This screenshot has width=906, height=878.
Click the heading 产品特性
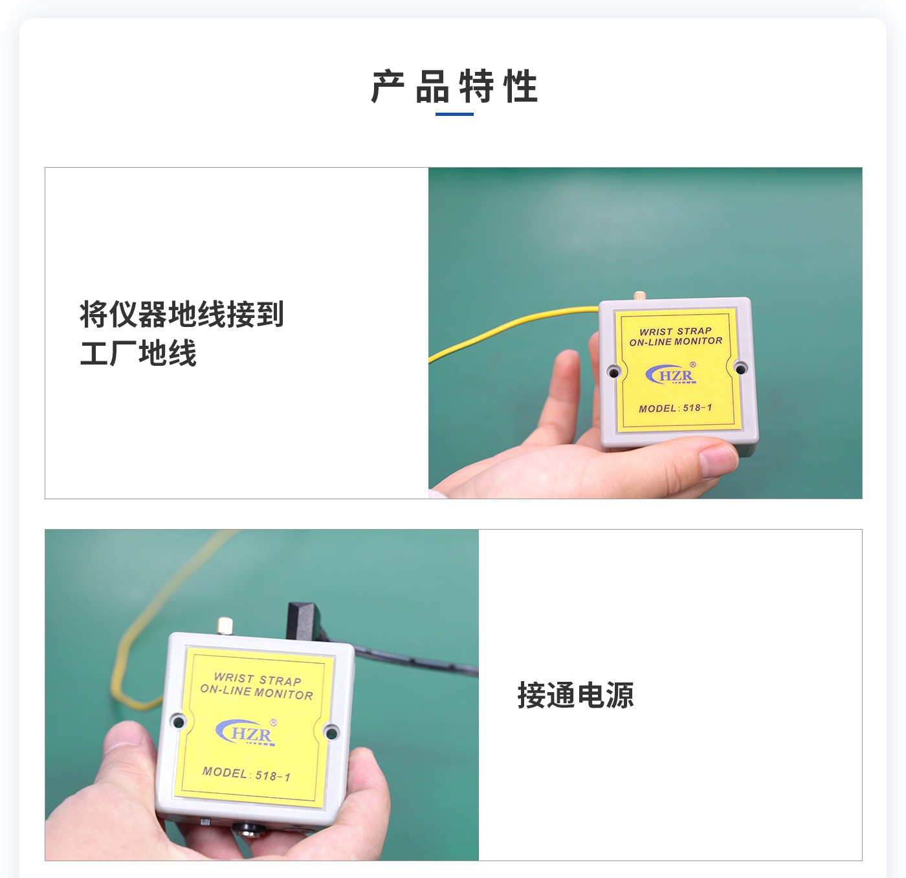454,87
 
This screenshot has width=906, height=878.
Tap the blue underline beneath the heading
454,115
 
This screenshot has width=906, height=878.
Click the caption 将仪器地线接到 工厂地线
182,333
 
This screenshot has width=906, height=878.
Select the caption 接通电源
575,695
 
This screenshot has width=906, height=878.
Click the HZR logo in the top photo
671,375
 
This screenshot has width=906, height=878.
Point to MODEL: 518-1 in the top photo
675,408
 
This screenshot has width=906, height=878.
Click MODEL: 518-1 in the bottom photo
246,774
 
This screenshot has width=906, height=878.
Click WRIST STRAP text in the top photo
676,331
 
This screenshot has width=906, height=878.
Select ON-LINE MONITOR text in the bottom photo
256,692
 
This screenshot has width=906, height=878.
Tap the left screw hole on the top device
613,372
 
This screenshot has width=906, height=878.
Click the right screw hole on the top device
740,368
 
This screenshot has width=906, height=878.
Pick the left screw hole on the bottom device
177,721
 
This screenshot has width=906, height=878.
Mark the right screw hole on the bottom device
331,733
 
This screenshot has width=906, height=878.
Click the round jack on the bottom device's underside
247,827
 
